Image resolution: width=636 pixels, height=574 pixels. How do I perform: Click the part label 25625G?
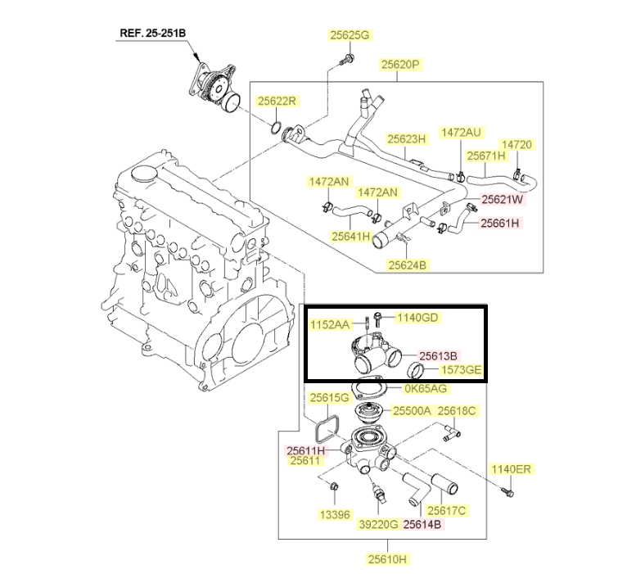tap(350, 35)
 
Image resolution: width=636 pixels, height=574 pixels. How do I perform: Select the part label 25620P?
tap(399, 64)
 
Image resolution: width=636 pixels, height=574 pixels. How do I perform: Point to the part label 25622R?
tap(277, 102)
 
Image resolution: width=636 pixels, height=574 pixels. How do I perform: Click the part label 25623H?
tap(407, 139)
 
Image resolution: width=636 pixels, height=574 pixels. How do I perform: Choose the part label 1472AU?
tap(461, 132)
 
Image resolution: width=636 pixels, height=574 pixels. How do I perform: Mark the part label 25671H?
tap(487, 155)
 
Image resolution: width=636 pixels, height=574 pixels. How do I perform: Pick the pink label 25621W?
tap(502, 199)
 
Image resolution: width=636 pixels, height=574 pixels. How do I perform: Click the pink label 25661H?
tap(501, 222)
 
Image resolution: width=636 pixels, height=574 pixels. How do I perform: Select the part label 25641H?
tap(351, 236)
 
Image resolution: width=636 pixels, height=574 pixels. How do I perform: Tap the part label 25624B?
tap(408, 264)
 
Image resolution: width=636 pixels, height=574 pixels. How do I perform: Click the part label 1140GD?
tap(418, 317)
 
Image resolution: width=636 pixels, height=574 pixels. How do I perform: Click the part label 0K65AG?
tap(426, 388)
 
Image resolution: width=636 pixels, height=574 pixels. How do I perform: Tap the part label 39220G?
tap(377, 524)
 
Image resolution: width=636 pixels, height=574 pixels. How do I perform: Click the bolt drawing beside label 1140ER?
tap(506, 491)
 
